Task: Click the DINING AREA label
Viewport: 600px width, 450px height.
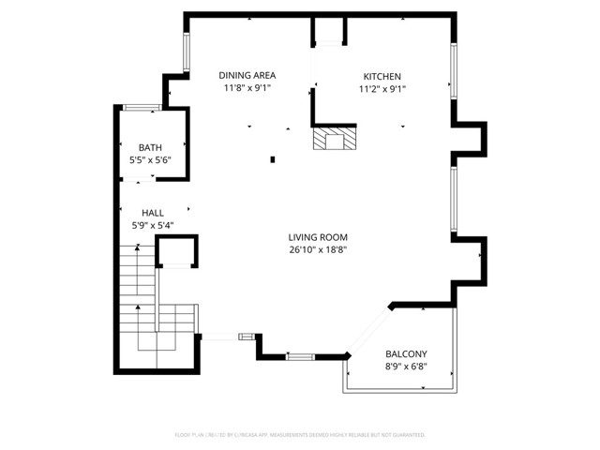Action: pyautogui.click(x=247, y=76)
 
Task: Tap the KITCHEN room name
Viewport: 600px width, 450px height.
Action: pyautogui.click(x=382, y=76)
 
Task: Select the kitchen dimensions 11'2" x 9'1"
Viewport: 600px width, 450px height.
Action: pyautogui.click(x=382, y=89)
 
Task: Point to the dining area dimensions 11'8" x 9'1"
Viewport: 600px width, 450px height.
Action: pyautogui.click(x=247, y=89)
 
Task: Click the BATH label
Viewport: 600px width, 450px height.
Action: pyautogui.click(x=150, y=148)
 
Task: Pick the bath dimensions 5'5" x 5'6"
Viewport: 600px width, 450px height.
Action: pyautogui.click(x=150, y=161)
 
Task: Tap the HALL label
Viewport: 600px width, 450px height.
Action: pyautogui.click(x=153, y=213)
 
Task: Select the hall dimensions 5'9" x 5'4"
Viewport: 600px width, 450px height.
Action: pyautogui.click(x=153, y=225)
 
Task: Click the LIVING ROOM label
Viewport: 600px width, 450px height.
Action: pyautogui.click(x=319, y=237)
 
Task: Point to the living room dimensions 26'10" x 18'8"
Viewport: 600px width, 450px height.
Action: pyautogui.click(x=319, y=250)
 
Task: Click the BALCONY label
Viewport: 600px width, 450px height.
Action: pyautogui.click(x=406, y=353)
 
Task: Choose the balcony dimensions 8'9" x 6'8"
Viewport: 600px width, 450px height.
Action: pyautogui.click(x=406, y=367)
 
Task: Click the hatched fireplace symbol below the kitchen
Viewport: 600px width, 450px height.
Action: pyautogui.click(x=335, y=140)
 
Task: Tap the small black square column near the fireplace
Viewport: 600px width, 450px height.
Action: pyautogui.click(x=273, y=159)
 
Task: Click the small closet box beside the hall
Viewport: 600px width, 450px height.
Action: pyautogui.click(x=176, y=251)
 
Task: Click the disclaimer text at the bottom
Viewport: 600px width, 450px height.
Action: pyautogui.click(x=300, y=435)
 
